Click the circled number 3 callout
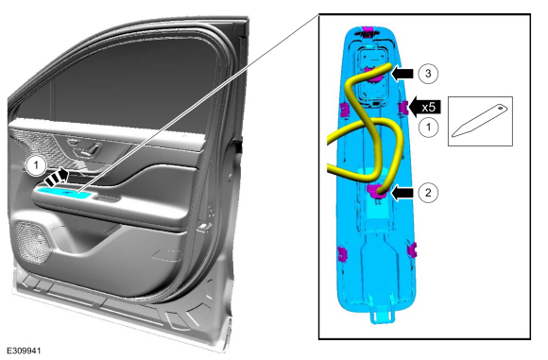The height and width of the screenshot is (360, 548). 428,74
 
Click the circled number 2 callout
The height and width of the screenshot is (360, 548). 428,192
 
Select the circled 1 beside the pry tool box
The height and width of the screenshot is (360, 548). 428,127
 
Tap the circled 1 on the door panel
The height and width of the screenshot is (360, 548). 35,165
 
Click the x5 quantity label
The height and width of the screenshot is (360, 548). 428,108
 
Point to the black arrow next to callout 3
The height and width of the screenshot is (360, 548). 402,74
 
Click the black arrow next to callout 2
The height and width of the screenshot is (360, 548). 402,193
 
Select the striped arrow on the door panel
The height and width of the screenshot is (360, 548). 57,178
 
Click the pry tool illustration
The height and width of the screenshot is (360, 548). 479,121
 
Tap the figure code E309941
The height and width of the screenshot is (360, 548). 24,351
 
